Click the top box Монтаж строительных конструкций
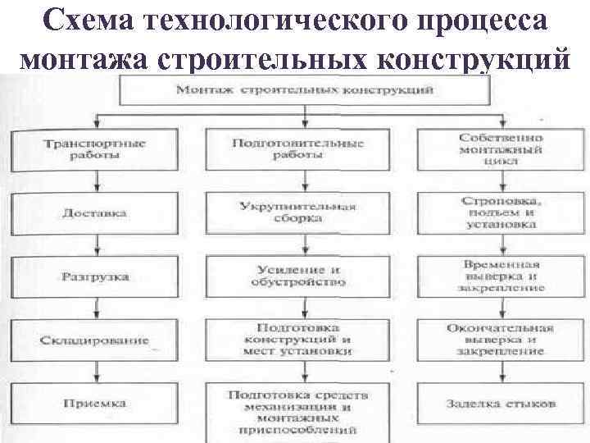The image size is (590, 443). pos(304,88)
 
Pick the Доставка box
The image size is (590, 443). pos(94,212)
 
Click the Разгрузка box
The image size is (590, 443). pos(94,276)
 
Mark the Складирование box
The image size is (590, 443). pos(94,340)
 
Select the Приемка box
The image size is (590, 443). pos(94,404)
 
